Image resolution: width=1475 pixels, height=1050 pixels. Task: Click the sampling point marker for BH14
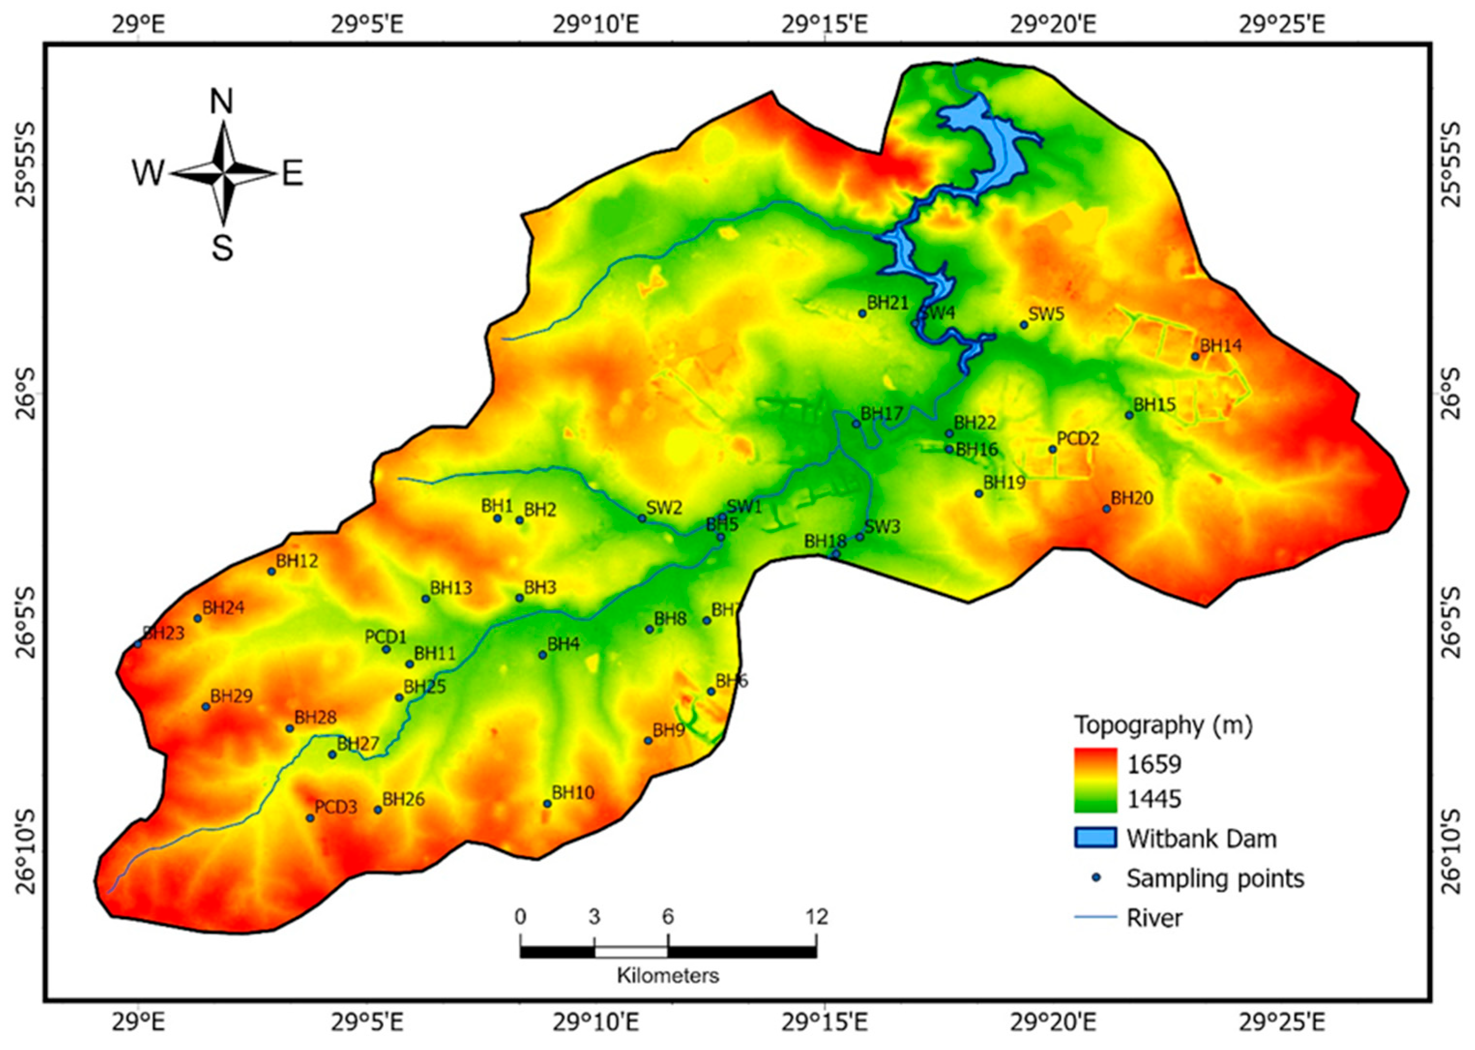click(1195, 356)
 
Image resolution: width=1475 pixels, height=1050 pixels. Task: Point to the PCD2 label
click(1078, 438)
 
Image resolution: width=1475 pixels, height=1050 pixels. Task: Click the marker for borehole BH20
click(1107, 509)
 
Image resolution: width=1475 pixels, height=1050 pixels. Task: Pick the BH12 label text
click(297, 561)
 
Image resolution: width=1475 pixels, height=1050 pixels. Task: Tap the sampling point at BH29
click(206, 707)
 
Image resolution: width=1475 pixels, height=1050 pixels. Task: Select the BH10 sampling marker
click(547, 804)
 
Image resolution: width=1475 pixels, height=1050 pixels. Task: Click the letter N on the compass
click(222, 102)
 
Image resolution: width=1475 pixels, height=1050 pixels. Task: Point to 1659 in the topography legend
click(1154, 764)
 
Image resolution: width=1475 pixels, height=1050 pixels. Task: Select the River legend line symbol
click(1095, 917)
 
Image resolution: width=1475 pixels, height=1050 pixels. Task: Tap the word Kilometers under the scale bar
click(668, 975)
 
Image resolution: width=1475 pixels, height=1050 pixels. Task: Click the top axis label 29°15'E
click(825, 25)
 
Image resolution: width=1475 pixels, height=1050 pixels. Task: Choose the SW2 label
click(664, 507)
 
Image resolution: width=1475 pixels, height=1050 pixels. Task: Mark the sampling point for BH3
click(520, 598)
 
